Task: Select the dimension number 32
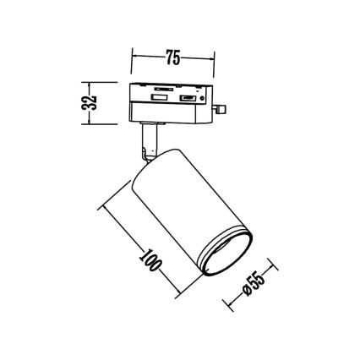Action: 94,102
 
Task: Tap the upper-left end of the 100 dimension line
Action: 101,205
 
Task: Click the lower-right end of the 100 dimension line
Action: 180,297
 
